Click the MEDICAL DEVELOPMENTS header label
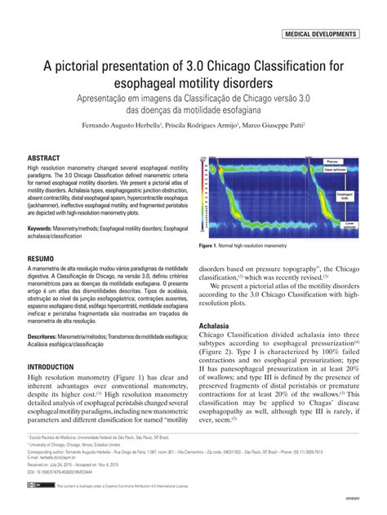point(319,35)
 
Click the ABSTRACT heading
point(45,157)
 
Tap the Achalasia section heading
point(215,326)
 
